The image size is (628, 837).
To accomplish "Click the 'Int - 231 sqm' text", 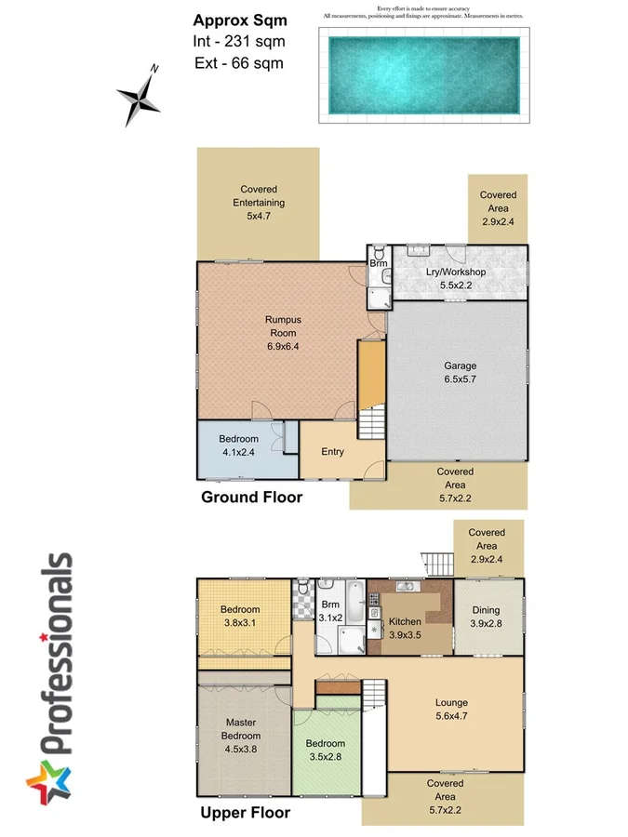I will (x=238, y=41).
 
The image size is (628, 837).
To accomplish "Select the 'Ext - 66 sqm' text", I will (x=238, y=63).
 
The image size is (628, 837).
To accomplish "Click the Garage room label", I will (x=460, y=365).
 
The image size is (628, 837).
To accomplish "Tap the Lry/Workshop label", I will (x=456, y=272).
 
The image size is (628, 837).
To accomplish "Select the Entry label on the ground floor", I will (x=332, y=452).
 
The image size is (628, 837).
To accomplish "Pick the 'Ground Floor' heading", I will (x=251, y=498).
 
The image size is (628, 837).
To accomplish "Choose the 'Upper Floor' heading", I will (x=246, y=813).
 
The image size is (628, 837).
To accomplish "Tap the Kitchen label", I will (x=405, y=621).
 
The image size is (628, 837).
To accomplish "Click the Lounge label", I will (x=452, y=703).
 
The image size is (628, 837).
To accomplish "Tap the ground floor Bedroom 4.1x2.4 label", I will (x=238, y=445).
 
